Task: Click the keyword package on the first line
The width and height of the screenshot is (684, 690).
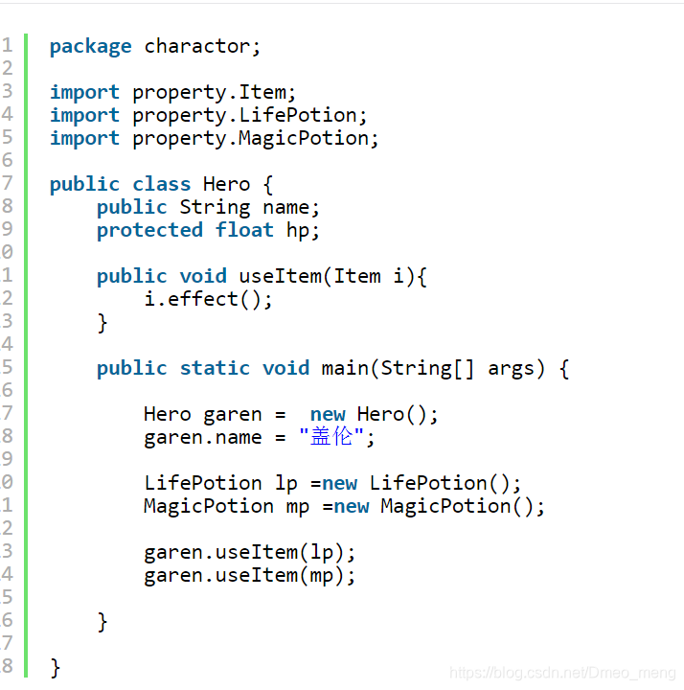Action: tap(90, 46)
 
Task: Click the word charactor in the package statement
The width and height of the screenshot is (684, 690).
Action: tap(202, 46)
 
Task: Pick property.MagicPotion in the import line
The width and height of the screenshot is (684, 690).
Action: tap(256, 138)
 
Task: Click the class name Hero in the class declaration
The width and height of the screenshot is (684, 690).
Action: tap(226, 184)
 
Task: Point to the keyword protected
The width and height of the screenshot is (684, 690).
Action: tap(149, 230)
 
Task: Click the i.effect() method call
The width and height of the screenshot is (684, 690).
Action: tap(208, 299)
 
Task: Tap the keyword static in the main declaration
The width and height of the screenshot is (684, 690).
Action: tap(215, 368)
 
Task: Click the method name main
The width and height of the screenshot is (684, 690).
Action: tap(345, 368)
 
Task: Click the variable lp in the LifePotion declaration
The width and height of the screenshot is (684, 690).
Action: tap(285, 483)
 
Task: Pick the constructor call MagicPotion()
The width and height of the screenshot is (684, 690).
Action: tap(463, 506)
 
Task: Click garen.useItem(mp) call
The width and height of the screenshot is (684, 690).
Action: tap(250, 575)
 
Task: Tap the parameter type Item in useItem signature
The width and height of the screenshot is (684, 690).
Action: tap(357, 276)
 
